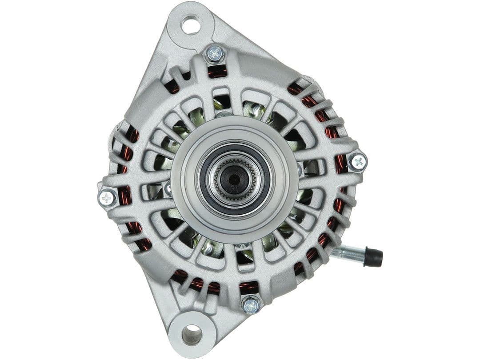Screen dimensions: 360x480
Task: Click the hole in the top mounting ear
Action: [x=191, y=25]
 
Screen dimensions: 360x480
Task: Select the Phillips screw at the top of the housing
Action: [x=215, y=54]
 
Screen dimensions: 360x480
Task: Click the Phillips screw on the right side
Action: [x=357, y=162]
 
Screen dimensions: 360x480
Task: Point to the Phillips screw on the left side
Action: [x=107, y=197]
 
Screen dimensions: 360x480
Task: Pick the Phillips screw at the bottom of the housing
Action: [x=251, y=305]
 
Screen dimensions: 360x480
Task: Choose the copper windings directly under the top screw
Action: [x=217, y=71]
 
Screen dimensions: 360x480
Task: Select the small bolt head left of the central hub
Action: [x=168, y=188]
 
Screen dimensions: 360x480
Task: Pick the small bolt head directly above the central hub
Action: [x=224, y=114]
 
